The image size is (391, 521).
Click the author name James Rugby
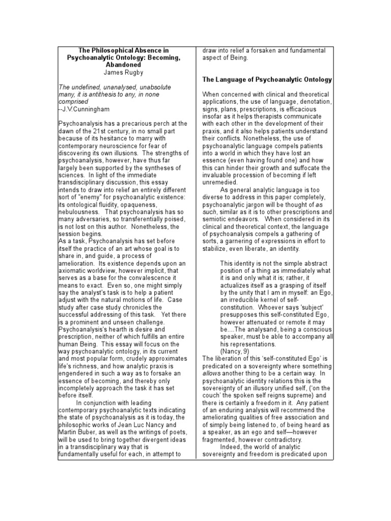tap(125, 73)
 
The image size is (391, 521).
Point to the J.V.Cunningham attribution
tap(87, 109)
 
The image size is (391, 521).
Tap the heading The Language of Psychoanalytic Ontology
tap(267, 80)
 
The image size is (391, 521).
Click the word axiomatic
tap(77, 271)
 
